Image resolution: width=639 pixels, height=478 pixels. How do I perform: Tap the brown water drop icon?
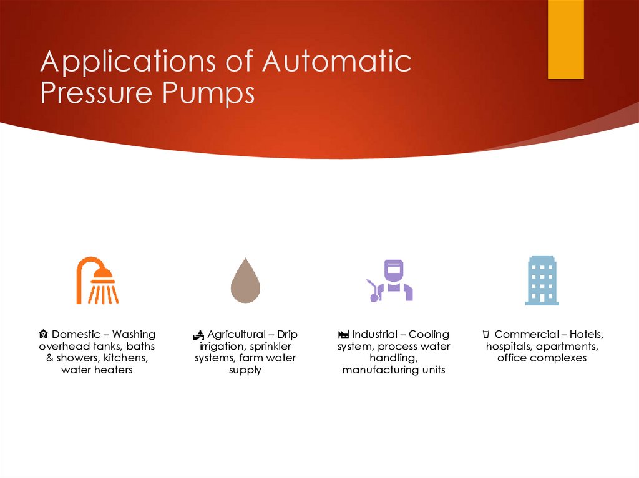click(x=245, y=281)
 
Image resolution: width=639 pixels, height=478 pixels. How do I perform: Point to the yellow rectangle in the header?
click(x=565, y=39)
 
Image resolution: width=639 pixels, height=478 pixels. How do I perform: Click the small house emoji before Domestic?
click(x=44, y=335)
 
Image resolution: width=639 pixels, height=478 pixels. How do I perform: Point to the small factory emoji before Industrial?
click(x=344, y=335)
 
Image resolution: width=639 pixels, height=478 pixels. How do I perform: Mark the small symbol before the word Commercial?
click(x=485, y=335)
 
